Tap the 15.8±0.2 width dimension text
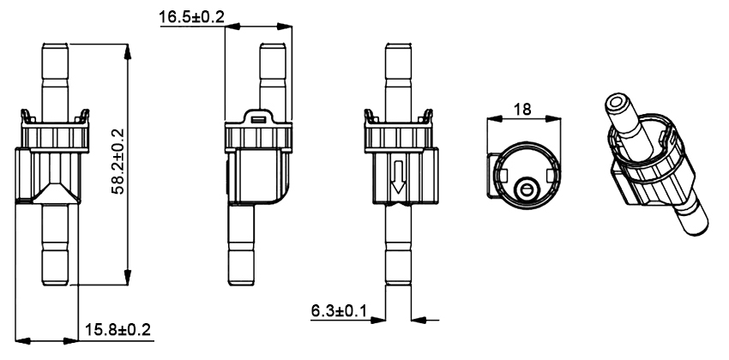click(117, 330)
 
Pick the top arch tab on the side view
click(260, 117)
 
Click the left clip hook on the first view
click(26, 117)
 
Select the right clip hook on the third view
click(426, 117)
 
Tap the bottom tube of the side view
click(260, 249)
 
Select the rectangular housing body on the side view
click(260, 176)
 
